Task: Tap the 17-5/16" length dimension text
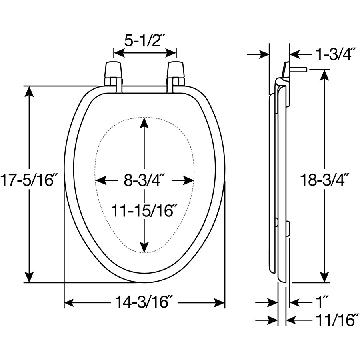click(28, 180)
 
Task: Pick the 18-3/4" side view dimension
click(323, 180)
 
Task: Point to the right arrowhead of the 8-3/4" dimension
click(189, 180)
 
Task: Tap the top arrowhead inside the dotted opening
click(144, 123)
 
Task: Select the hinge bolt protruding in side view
click(298, 69)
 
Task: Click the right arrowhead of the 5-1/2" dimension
click(171, 53)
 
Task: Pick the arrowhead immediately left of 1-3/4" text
click(295, 55)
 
